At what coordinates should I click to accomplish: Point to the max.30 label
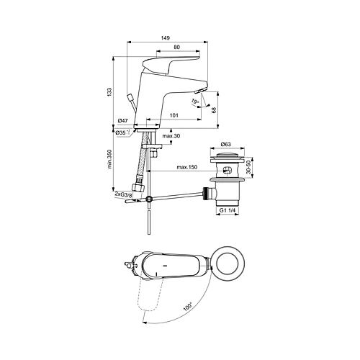(x=171, y=136)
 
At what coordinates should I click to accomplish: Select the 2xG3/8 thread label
(x=123, y=194)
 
